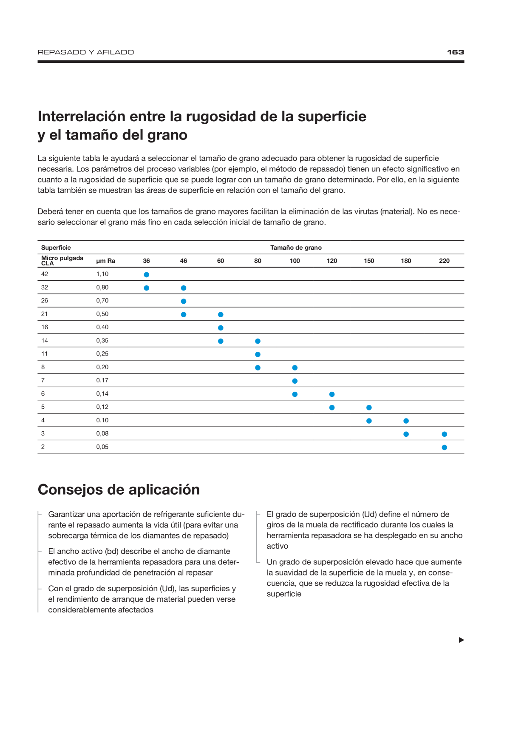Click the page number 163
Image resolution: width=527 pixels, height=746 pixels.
tap(455, 52)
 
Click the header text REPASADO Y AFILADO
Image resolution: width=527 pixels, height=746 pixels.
tap(86, 52)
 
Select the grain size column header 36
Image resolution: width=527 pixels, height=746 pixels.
tap(146, 261)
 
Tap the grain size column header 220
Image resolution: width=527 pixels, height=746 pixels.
tap(444, 261)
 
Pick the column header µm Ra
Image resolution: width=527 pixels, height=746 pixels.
tap(105, 261)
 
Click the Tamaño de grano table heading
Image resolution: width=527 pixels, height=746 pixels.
tap(296, 248)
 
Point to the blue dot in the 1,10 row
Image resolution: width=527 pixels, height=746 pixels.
tap(146, 275)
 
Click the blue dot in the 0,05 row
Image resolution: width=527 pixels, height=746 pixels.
tap(444, 447)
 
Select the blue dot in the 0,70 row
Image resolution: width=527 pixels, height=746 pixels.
tap(184, 301)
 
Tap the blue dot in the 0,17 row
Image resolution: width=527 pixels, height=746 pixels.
tap(295, 381)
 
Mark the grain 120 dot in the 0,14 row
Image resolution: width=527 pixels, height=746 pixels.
tap(332, 394)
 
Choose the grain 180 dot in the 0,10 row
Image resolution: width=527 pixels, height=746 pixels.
tap(406, 421)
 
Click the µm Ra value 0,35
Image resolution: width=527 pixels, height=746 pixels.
tap(102, 341)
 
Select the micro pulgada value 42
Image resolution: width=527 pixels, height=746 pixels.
tap(45, 274)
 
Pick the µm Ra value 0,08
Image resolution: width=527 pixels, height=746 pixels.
tap(102, 433)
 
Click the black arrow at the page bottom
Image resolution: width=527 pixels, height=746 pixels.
tap(462, 640)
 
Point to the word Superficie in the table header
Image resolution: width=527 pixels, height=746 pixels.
tap(56, 248)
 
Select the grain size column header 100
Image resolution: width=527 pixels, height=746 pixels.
tap(295, 261)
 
